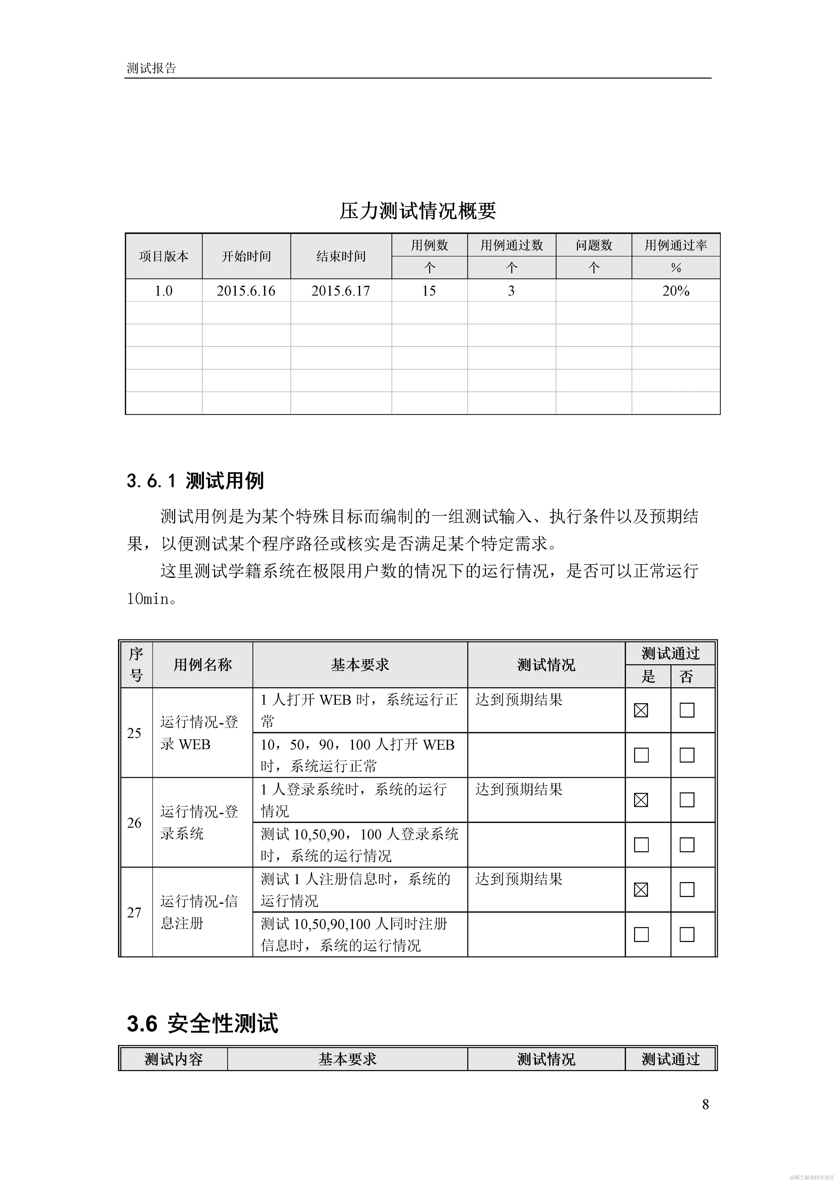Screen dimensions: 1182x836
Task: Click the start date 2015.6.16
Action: pos(246,291)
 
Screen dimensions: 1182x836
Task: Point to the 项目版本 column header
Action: pos(164,256)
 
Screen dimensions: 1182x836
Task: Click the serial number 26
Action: pos(134,823)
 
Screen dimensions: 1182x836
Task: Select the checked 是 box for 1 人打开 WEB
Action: pos(641,710)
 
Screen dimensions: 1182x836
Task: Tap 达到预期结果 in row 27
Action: pos(519,879)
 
